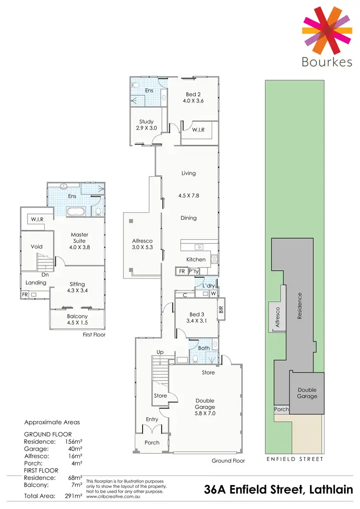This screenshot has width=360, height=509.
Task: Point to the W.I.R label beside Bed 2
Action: pyautogui.click(x=198, y=130)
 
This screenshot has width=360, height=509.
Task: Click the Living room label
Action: pyautogui.click(x=189, y=173)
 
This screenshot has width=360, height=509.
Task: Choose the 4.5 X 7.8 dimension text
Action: pyautogui.click(x=189, y=196)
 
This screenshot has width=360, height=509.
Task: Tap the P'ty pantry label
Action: pyautogui.click(x=194, y=271)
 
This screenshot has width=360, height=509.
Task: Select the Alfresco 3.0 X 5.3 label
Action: pyautogui.click(x=142, y=244)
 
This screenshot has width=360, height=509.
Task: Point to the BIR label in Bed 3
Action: pyautogui.click(x=221, y=309)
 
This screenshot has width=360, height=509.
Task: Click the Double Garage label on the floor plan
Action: pyautogui.click(x=205, y=404)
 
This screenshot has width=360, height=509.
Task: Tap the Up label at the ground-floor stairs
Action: pyautogui.click(x=160, y=352)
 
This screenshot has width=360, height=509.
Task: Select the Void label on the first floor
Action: pyautogui.click(x=36, y=246)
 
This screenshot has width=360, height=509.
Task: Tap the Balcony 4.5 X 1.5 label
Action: pyautogui.click(x=77, y=319)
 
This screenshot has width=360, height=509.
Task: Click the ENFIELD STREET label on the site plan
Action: pyautogui.click(x=295, y=459)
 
